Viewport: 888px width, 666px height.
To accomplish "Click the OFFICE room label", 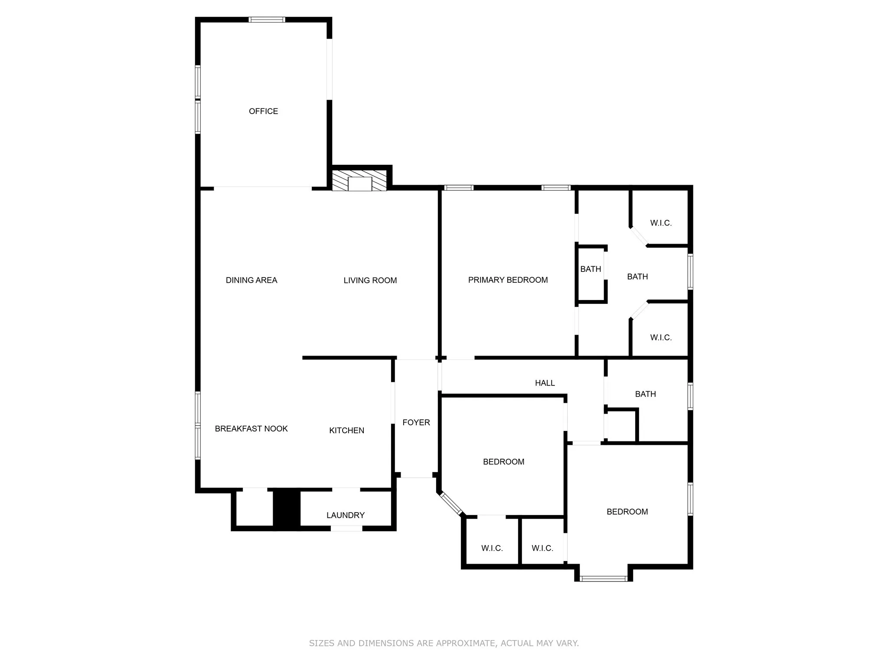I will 263,111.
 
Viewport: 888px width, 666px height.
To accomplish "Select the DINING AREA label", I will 251,281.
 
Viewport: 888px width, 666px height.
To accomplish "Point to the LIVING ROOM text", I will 370,281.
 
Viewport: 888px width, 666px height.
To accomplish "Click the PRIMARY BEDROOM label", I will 508,280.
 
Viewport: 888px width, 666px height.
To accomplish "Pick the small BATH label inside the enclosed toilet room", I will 591,269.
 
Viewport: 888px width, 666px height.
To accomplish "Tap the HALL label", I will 545,383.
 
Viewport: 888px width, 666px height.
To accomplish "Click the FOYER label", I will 416,422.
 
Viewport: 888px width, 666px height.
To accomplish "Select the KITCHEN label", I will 346,431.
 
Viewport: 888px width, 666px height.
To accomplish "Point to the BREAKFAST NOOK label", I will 251,429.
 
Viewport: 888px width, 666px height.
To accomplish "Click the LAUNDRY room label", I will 345,515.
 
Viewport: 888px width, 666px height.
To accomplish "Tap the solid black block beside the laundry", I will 286,509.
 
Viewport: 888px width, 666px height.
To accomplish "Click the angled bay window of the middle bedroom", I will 451,504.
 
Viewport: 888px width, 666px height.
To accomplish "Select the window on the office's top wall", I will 267,20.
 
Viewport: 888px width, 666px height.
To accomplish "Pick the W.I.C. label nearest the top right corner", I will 661,223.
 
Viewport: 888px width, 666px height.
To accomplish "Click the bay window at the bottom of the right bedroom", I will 604,578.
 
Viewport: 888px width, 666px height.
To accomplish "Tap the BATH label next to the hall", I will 645,394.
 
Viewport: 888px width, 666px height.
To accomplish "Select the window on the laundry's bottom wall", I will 346,528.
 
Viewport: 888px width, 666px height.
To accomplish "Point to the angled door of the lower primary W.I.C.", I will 639,311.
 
